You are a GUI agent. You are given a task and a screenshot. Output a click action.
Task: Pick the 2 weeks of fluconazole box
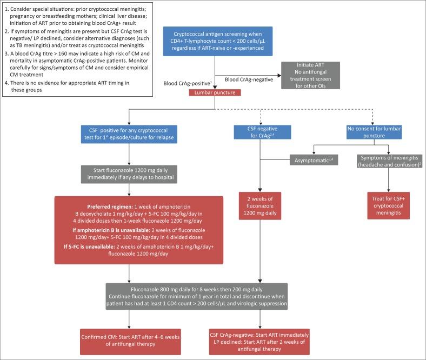click(262, 204)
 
